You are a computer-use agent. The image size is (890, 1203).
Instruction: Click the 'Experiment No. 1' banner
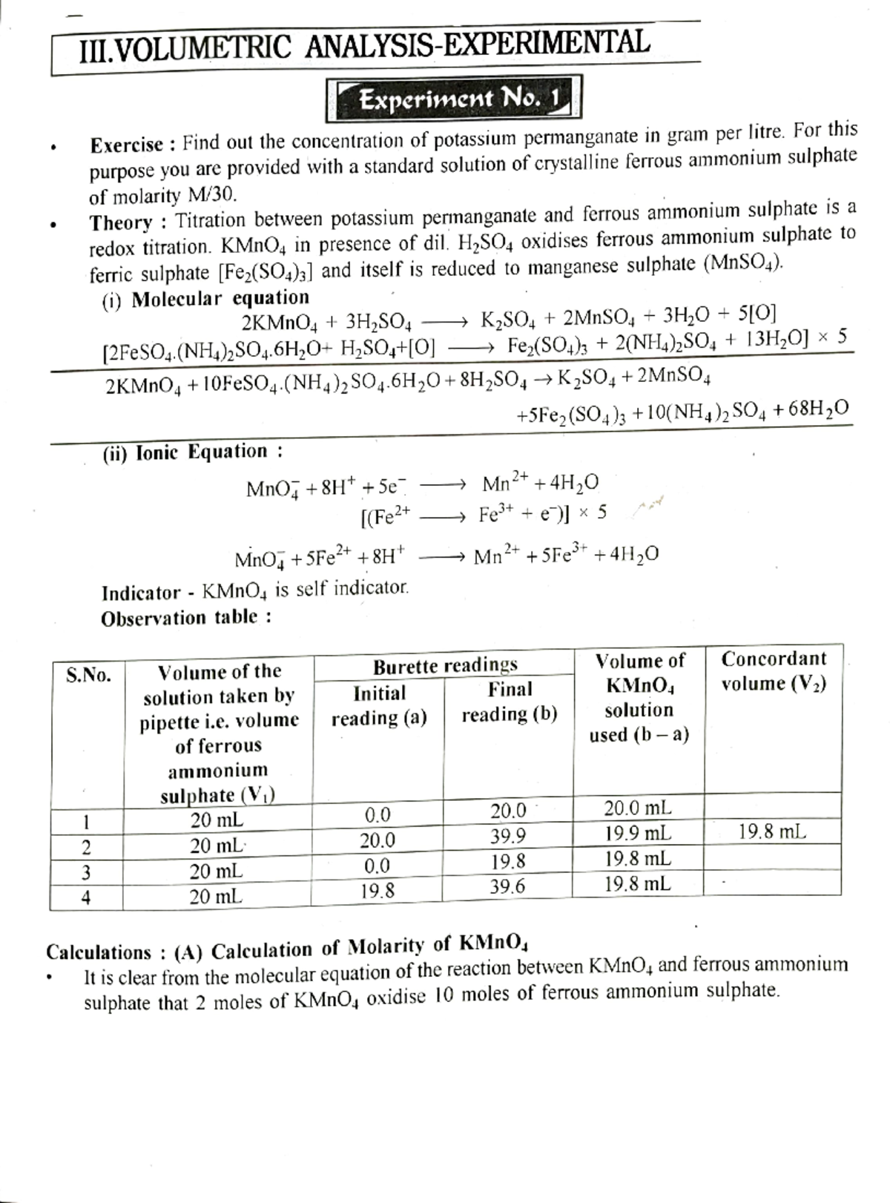tap(453, 99)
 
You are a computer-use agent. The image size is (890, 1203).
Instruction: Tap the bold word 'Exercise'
tap(126, 145)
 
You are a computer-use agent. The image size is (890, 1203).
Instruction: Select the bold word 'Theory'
tap(121, 223)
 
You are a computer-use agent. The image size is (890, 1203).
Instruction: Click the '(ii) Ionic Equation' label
tap(192, 452)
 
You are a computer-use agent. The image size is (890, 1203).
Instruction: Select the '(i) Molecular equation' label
tap(205, 298)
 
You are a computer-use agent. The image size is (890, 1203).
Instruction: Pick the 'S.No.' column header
tap(88, 675)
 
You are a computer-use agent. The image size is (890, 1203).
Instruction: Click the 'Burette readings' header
tap(444, 665)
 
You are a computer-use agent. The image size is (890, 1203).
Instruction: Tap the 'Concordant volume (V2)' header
tap(774, 670)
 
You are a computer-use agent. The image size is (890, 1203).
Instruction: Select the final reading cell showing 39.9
tap(508, 837)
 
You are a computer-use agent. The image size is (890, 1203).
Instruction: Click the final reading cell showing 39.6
tap(507, 886)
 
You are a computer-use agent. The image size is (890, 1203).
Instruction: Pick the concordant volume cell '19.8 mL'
tap(772, 832)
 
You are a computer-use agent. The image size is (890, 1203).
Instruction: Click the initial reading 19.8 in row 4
tap(378, 890)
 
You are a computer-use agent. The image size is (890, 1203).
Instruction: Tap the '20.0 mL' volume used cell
tap(638, 808)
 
